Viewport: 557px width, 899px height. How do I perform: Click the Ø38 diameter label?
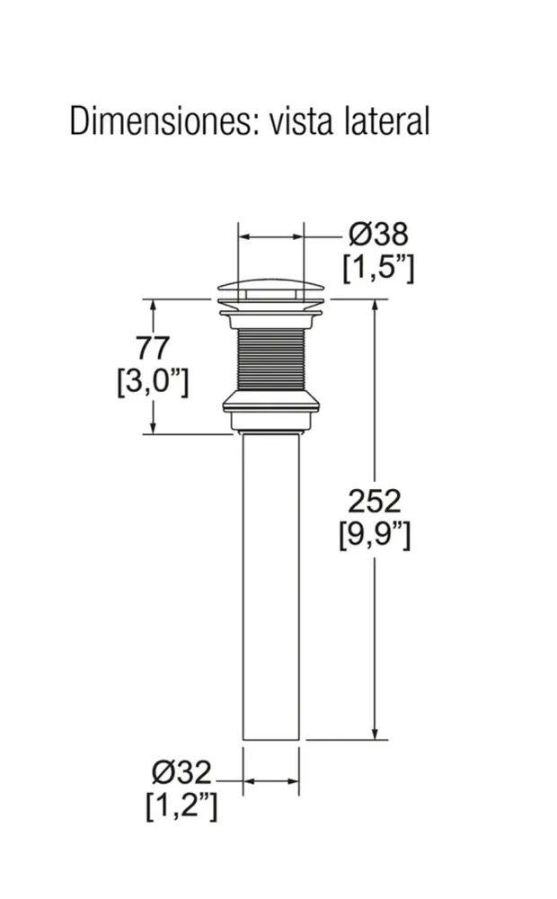point(378,234)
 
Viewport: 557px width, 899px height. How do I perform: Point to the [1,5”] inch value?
point(378,267)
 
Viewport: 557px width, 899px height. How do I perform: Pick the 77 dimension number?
point(153,348)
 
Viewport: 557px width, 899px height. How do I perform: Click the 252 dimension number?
point(375,501)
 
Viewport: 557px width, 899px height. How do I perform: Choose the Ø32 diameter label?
point(181,772)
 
